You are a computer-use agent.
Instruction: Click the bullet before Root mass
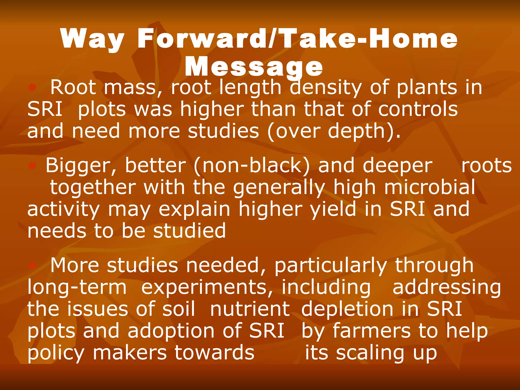(x=32, y=88)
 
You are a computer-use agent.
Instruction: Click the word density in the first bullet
(x=326, y=88)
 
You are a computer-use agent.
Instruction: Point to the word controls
(x=418, y=109)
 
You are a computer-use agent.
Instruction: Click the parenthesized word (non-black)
(x=251, y=166)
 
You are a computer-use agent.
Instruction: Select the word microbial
(x=429, y=187)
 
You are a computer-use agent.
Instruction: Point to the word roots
(x=486, y=166)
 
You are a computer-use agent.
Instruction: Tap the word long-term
(x=77, y=287)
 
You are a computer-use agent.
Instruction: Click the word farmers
(x=371, y=331)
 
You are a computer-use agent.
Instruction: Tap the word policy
(x=56, y=353)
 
